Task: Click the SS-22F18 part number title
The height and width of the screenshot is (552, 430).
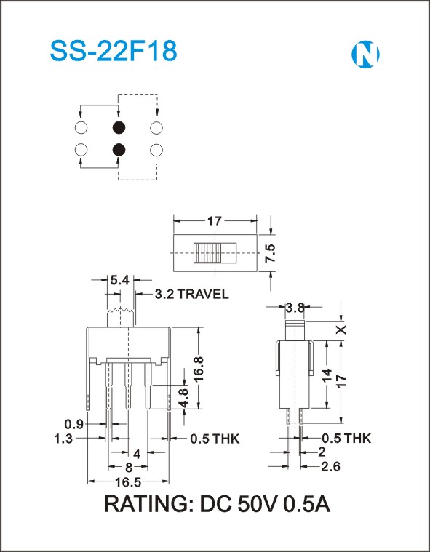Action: click(x=114, y=52)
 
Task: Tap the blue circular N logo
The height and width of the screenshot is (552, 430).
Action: click(x=365, y=55)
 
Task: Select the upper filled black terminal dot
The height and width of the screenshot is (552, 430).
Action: click(x=119, y=127)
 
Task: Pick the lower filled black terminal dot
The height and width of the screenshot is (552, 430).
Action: click(x=119, y=151)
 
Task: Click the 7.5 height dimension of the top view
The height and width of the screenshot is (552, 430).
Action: click(x=271, y=253)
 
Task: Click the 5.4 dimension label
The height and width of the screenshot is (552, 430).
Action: click(x=120, y=281)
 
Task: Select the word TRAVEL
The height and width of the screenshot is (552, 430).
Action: click(x=202, y=294)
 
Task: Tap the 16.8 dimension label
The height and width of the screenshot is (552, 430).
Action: click(x=199, y=369)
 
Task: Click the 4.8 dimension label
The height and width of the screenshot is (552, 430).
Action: click(x=184, y=397)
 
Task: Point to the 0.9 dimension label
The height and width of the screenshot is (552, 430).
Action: click(x=74, y=424)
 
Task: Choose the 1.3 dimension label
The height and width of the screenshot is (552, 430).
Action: click(x=64, y=439)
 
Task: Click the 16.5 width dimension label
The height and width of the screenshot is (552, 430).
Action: click(x=128, y=482)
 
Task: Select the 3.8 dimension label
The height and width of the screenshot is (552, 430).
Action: click(x=295, y=308)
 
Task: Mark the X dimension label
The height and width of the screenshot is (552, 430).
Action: click(x=341, y=330)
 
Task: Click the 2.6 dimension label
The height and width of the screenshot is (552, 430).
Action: click(x=331, y=467)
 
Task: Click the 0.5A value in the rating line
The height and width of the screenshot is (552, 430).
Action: click(x=307, y=504)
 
